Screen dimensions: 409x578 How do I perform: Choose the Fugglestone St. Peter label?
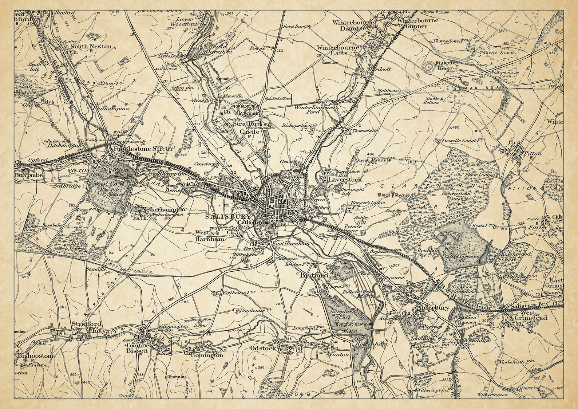138,149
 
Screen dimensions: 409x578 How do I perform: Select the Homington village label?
207,355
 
